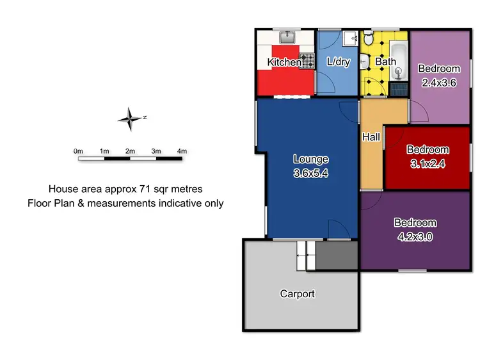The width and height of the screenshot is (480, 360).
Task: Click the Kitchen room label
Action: point(284,62)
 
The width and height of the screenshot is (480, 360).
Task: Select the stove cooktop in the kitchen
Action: point(308,61)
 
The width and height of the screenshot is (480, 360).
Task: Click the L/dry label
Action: point(338,62)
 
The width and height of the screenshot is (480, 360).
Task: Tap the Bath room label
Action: point(385,62)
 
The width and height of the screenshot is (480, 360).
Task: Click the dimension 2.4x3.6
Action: point(439,82)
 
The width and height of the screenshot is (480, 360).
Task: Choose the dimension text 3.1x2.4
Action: point(428,163)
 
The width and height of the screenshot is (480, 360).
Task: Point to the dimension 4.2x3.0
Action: point(415,235)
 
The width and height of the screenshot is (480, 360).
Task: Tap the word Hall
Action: point(371,137)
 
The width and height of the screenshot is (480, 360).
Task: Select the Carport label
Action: point(298,294)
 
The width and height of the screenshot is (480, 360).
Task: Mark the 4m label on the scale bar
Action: point(182,151)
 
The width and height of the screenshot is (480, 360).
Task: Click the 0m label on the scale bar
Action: point(79,151)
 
